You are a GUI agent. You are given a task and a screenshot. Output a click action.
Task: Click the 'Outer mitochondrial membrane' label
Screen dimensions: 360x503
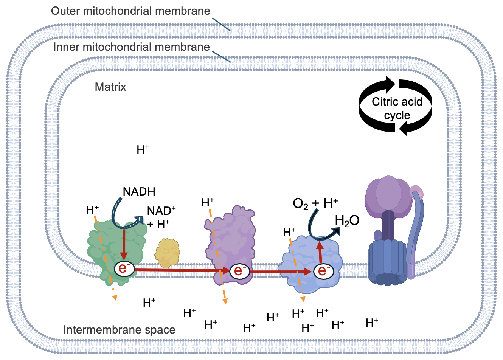point(130,11)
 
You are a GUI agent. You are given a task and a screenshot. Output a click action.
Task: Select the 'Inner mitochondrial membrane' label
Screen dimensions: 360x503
point(131,47)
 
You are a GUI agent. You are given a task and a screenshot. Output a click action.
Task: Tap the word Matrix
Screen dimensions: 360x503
point(110,87)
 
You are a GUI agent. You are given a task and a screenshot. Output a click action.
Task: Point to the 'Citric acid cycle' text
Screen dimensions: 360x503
point(397,108)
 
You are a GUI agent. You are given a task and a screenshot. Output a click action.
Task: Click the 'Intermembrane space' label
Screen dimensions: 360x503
point(119,330)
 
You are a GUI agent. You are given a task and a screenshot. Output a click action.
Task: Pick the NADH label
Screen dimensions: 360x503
point(139,192)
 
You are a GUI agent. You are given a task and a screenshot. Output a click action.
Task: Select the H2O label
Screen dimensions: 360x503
point(347,220)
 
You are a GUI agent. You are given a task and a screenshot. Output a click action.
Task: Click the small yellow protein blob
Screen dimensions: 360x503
point(167,253)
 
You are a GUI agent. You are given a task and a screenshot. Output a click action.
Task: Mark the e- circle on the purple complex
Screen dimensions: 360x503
point(238,271)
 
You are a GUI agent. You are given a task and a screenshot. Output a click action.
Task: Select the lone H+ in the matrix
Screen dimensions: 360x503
point(143,150)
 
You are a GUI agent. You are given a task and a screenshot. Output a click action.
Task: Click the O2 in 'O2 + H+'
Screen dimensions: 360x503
point(301,204)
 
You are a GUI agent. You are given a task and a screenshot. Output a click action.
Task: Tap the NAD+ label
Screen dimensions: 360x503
point(161,211)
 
